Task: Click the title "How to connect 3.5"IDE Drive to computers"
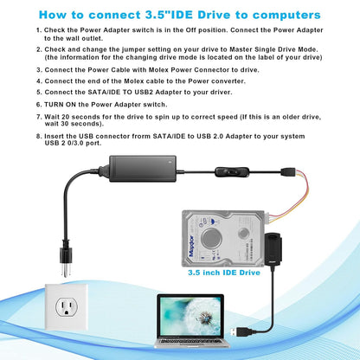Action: click(179, 15)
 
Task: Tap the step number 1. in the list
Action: click(39, 29)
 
